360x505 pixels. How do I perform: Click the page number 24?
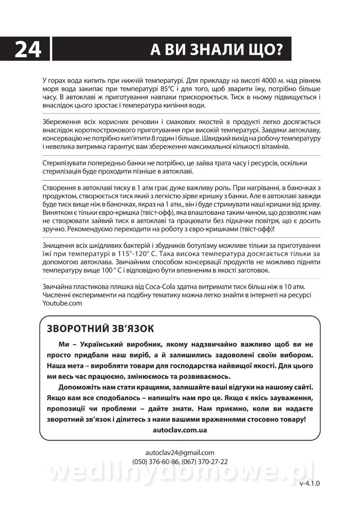click(x=28, y=50)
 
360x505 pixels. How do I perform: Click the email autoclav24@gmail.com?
click(x=180, y=453)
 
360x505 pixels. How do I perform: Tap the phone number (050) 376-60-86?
click(x=155, y=462)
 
